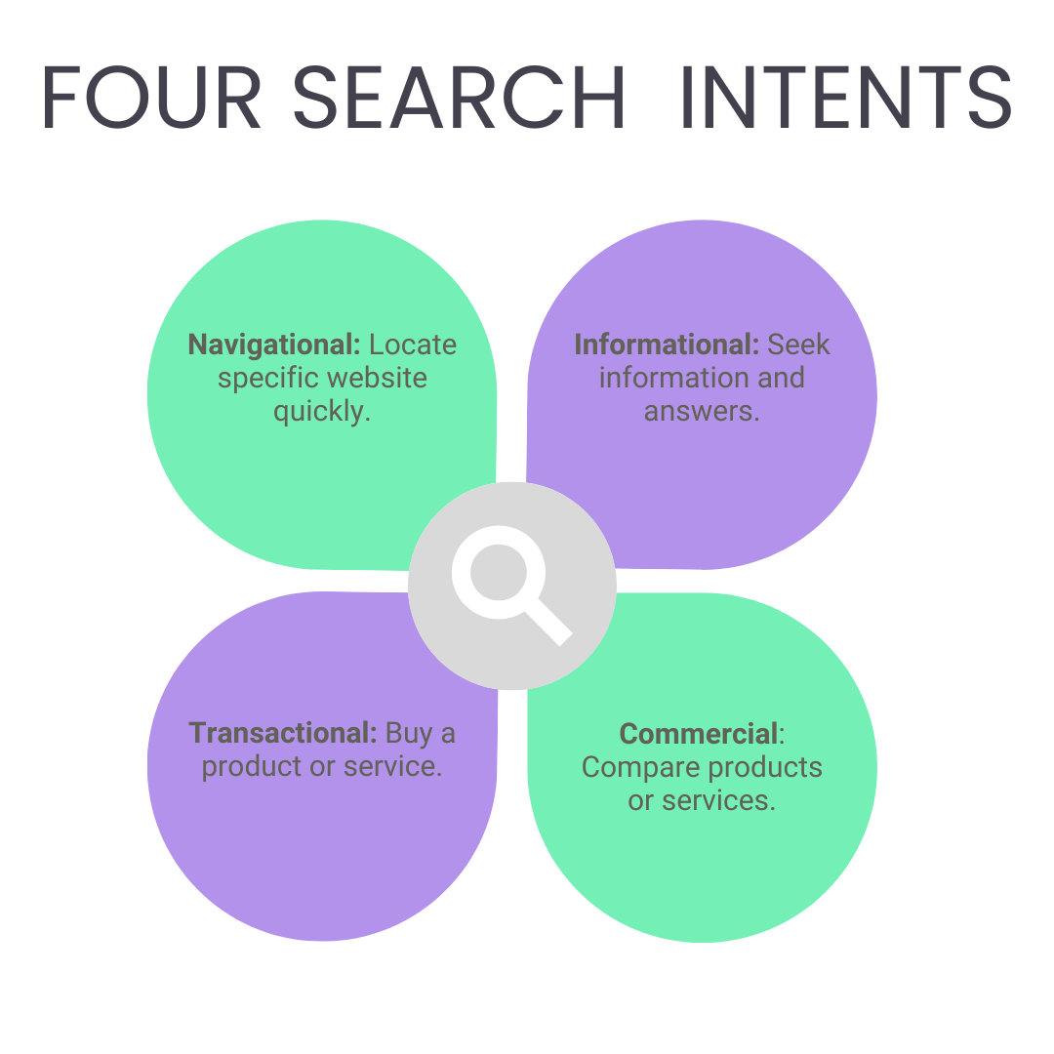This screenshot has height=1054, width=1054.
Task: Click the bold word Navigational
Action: point(274,345)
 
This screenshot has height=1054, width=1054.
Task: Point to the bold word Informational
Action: point(667,345)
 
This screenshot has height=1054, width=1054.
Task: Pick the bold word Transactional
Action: point(283,733)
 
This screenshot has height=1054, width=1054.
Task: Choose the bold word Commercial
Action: point(699,733)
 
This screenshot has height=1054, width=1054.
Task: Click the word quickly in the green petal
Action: point(321,411)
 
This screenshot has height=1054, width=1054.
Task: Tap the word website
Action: point(377,378)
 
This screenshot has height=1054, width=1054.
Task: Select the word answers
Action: point(701,411)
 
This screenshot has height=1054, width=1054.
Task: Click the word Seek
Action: point(798,345)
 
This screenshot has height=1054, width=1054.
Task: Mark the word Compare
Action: point(639,767)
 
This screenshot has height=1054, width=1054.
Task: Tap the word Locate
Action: point(413,345)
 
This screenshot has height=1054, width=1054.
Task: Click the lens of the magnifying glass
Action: point(499,572)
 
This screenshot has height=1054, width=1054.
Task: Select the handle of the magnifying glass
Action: point(548,622)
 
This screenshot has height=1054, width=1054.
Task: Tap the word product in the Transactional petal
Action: point(251,767)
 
